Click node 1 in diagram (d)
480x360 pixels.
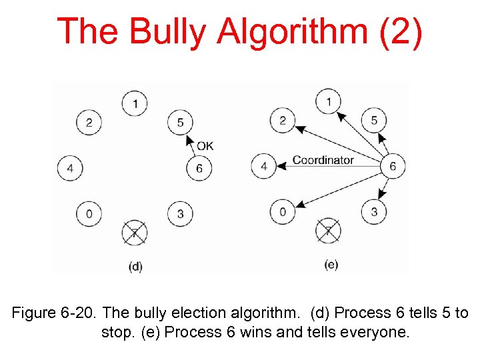point(135,103)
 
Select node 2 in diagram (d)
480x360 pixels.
point(89,122)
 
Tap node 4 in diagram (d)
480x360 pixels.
point(70,167)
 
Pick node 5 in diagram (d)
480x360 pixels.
point(180,122)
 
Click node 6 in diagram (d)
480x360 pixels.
point(199,168)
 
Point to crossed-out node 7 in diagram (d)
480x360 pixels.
point(135,232)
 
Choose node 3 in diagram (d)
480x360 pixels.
point(180,213)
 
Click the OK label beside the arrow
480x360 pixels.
point(205,145)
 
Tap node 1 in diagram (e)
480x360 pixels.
point(328,101)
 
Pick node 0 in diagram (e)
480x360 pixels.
point(283,212)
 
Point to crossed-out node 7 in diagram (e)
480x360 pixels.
point(328,231)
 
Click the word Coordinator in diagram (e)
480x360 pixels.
point(323,160)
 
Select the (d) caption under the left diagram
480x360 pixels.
point(135,266)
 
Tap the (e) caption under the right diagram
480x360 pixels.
point(331,265)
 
